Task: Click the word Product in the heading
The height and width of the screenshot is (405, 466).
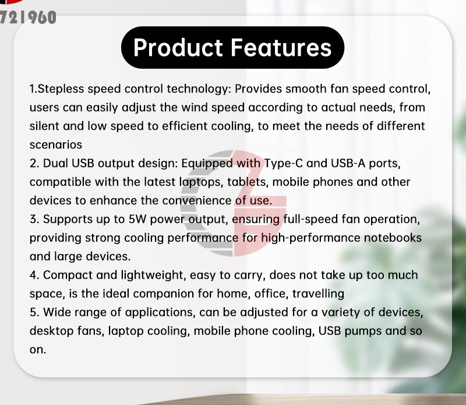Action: (177, 48)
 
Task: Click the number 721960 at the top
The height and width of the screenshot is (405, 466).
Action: (29, 17)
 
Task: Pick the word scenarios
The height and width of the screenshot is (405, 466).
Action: (55, 144)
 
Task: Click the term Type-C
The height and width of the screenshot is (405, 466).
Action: (282, 164)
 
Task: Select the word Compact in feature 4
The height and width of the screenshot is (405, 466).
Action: (67, 275)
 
